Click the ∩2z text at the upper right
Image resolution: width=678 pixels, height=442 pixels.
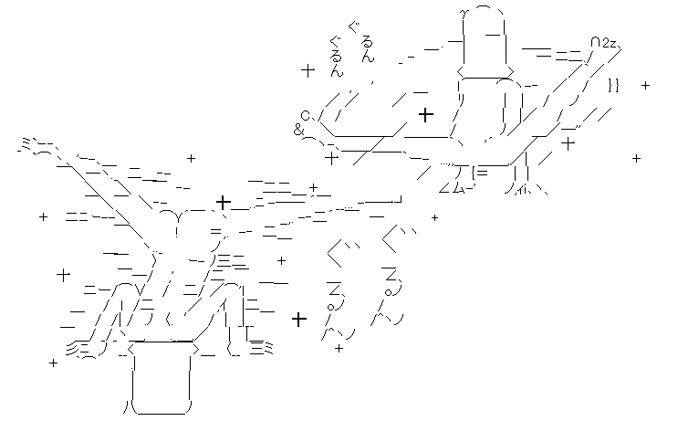(601, 44)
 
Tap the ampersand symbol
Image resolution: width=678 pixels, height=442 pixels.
(298, 130)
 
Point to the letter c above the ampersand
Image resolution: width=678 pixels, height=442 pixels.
(306, 114)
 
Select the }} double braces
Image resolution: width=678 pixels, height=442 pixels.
(613, 85)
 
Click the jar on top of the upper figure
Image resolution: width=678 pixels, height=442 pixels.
(484, 41)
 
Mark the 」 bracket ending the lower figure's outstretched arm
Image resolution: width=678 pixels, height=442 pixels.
(397, 199)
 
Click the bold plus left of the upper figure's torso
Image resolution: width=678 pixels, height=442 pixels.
(425, 114)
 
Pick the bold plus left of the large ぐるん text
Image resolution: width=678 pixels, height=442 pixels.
(297, 318)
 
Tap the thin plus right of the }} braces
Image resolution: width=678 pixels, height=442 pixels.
(645, 86)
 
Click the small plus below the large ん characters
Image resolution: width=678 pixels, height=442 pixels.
(339, 348)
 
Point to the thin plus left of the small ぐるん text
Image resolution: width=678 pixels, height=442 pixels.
(308, 69)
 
